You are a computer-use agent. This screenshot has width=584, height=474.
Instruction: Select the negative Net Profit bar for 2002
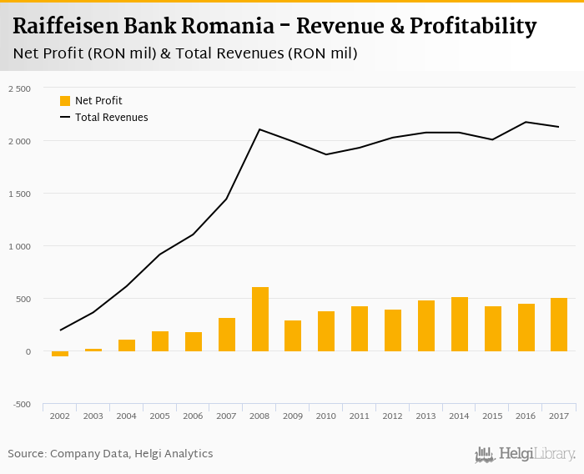(60, 354)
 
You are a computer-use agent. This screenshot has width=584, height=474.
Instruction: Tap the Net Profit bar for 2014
(460, 324)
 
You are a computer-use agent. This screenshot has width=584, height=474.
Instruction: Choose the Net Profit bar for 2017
(559, 325)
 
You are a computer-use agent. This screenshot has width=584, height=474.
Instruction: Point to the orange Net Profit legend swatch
(65, 101)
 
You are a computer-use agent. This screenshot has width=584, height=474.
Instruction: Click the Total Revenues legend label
(112, 118)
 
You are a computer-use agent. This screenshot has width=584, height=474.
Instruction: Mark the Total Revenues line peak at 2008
(260, 129)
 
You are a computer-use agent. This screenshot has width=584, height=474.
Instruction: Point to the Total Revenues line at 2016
(526, 122)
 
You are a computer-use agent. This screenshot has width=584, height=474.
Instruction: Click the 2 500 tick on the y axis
(18, 88)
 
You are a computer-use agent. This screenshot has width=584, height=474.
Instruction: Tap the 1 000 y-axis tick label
(18, 246)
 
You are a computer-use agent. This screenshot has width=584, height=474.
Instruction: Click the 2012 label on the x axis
(393, 415)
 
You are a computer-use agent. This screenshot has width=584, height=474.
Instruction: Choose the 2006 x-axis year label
(194, 415)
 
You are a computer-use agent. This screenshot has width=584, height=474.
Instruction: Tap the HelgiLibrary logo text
(536, 455)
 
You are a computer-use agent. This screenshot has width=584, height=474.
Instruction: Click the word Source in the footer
(26, 454)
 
